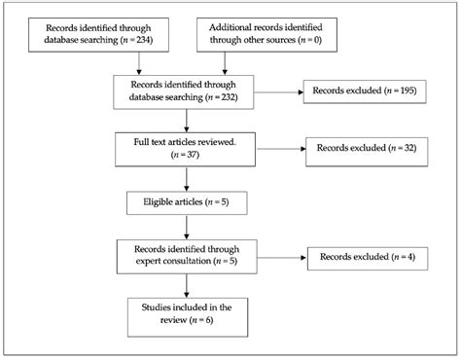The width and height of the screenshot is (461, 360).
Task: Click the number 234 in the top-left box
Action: click(142, 44)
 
